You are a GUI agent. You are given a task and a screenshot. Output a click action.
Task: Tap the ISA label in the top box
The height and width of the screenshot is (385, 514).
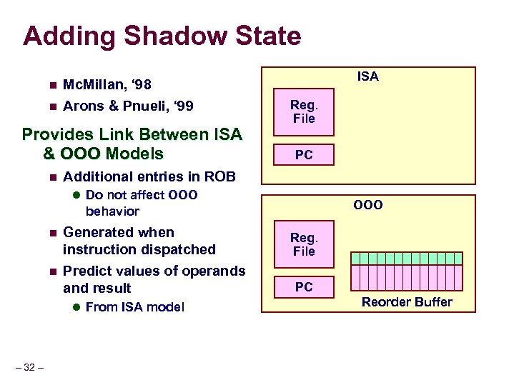[x=367, y=76]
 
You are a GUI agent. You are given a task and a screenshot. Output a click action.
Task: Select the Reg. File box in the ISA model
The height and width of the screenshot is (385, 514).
[x=304, y=111]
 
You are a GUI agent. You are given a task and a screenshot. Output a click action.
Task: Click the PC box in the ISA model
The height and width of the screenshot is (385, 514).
[x=304, y=155]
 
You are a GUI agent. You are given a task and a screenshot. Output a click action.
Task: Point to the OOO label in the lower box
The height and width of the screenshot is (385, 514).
[x=367, y=205]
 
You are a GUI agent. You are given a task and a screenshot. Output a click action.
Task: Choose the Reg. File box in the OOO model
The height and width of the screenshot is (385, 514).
[x=304, y=244]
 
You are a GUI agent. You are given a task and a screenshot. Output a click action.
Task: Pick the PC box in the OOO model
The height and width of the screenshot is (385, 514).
[x=304, y=287]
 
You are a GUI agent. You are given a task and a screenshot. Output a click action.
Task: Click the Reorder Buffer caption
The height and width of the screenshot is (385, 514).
[x=406, y=302]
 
